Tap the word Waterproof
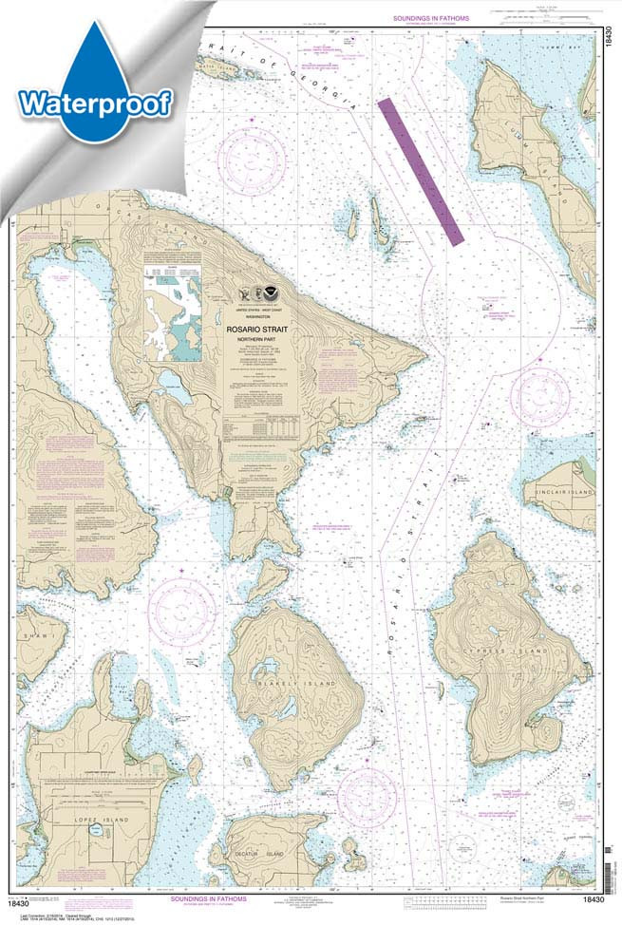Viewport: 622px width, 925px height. pos(95,103)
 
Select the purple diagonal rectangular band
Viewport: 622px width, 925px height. pos(419,166)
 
